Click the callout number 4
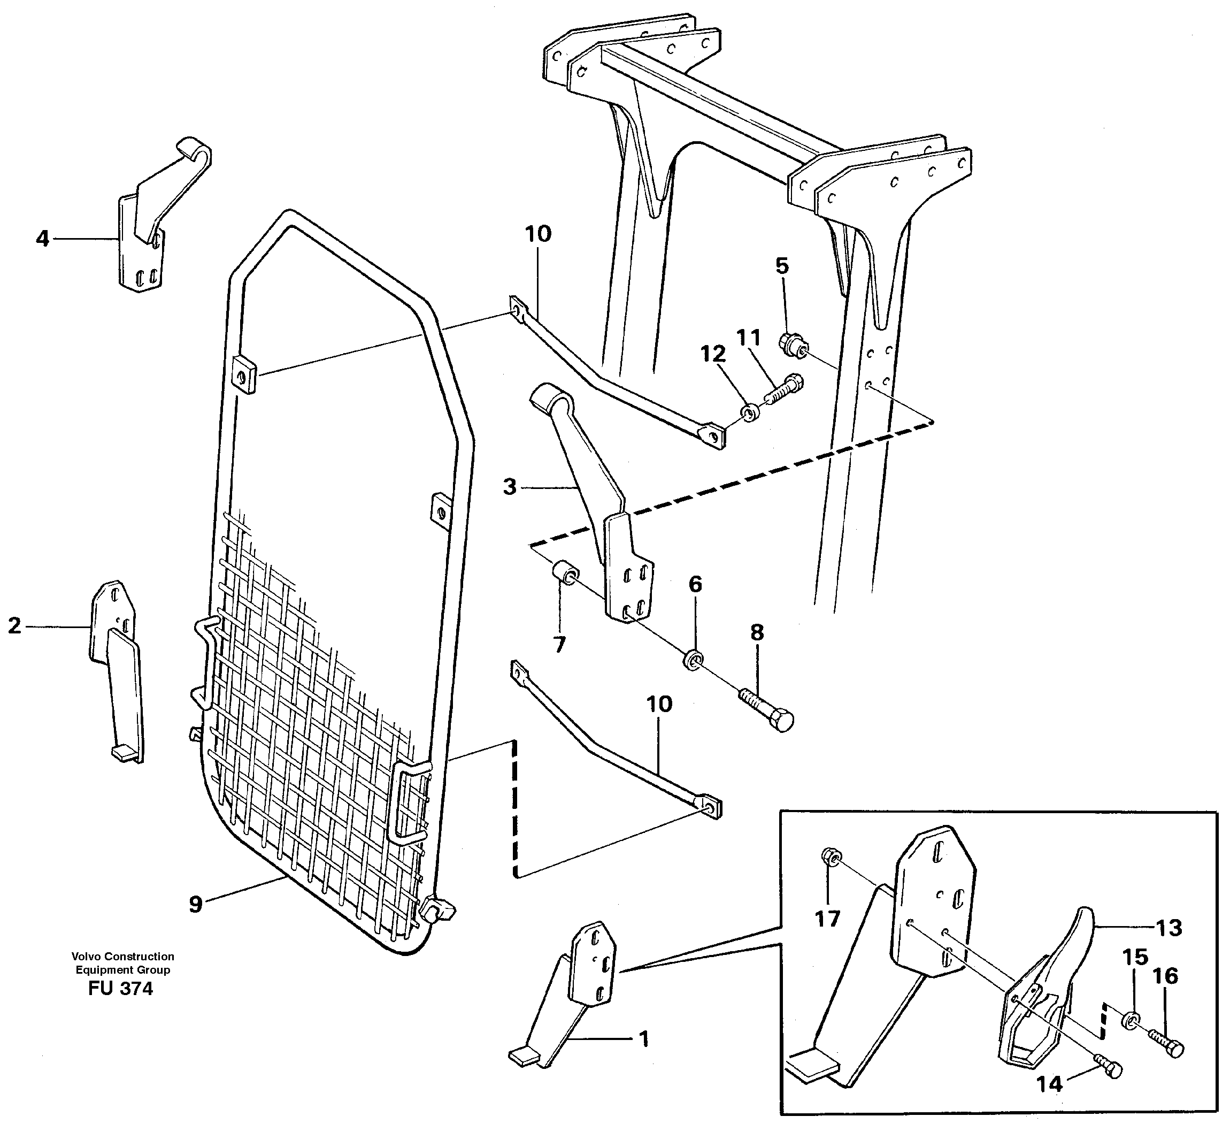pos(42,239)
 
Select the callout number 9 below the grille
pos(195,904)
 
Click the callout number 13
pos(1169,928)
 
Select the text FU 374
pos(120,989)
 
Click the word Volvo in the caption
pos(86,956)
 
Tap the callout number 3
pos(510,487)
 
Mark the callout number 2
pos(14,625)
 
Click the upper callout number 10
pos(538,234)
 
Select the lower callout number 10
pos(659,704)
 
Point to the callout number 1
pos(642,1038)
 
